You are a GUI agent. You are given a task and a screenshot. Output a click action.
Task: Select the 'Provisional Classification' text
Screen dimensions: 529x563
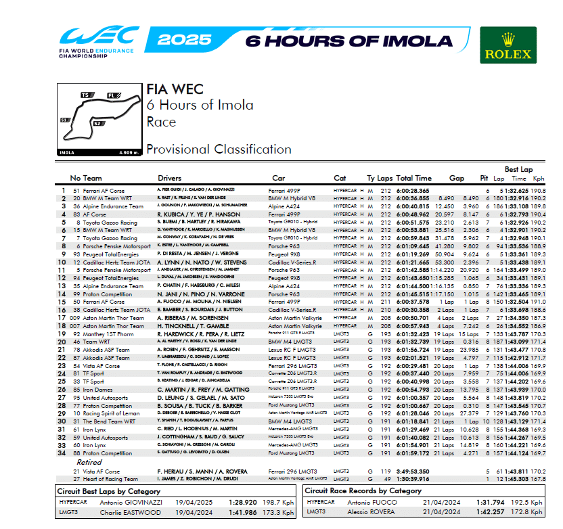[219, 149]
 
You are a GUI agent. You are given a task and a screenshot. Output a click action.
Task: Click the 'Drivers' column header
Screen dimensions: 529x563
[170, 178]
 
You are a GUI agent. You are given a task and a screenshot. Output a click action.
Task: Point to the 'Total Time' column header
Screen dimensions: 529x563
[413, 178]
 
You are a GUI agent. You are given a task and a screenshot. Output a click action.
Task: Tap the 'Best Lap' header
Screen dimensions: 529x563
[518, 168]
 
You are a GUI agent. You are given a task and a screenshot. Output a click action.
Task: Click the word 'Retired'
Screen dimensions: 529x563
[89, 463]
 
